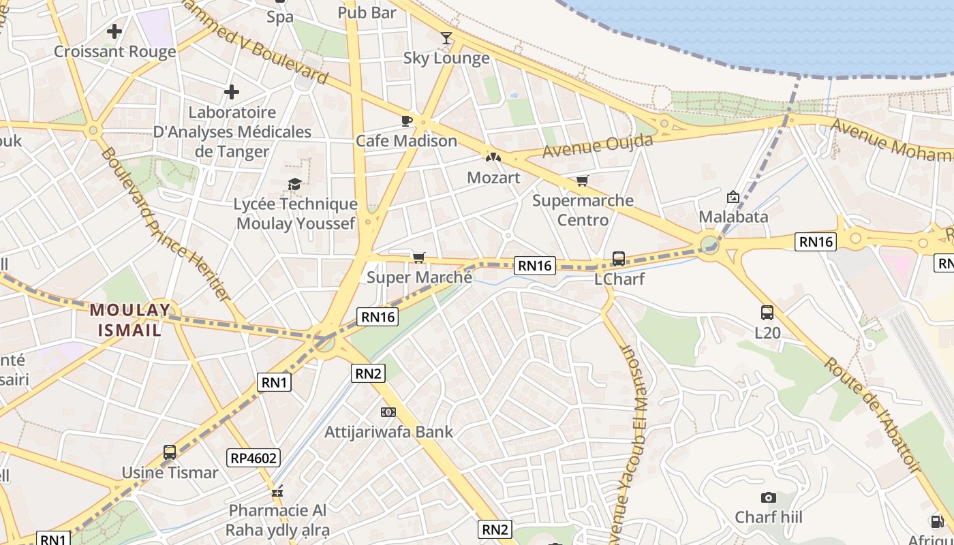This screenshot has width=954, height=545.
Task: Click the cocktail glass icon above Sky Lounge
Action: (x=446, y=38)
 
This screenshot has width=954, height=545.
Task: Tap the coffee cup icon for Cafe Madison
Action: (x=407, y=121)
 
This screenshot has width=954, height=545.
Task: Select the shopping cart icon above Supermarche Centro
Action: (x=582, y=181)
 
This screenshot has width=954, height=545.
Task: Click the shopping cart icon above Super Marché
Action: (x=418, y=258)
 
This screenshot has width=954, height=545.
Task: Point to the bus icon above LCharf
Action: (x=619, y=259)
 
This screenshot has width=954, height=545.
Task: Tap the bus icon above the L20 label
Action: (x=767, y=313)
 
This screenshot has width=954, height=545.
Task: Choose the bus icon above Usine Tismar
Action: (x=170, y=452)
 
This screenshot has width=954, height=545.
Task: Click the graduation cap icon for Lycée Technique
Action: (x=294, y=184)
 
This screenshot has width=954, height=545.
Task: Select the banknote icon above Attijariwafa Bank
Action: (x=388, y=412)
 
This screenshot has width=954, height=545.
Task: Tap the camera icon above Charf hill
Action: (x=769, y=497)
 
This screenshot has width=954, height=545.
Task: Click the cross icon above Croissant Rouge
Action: (x=114, y=31)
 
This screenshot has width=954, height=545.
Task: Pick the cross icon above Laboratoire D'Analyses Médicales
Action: (x=232, y=91)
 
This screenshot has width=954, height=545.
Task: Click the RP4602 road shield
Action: (x=254, y=458)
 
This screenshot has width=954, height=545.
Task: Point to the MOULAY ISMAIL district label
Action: (x=129, y=320)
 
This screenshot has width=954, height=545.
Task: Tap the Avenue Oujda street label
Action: (x=598, y=146)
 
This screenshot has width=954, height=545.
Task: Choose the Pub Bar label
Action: (x=367, y=12)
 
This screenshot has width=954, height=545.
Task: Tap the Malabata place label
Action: (x=733, y=217)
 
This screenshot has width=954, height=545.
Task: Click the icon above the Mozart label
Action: (x=493, y=157)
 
